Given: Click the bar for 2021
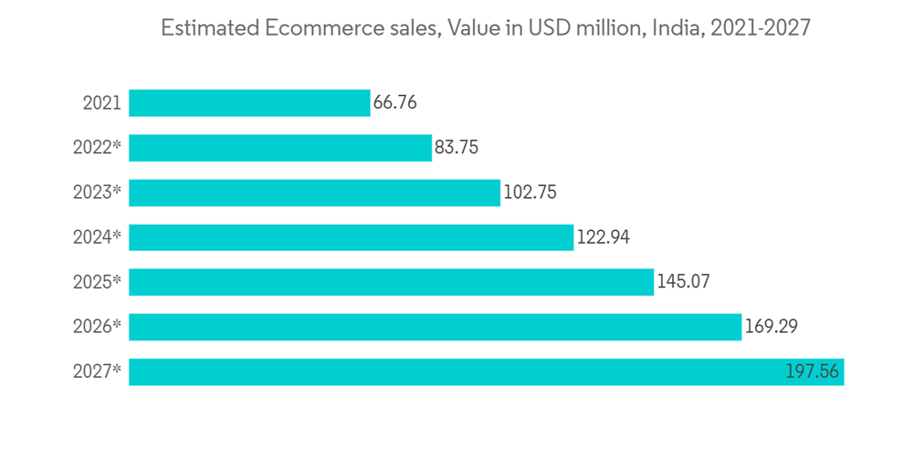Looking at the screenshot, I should pos(248,102).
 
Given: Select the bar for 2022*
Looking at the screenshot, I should pos(279,148).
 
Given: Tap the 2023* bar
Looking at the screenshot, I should pos(314,193).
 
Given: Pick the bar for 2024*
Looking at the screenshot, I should pos(351,237).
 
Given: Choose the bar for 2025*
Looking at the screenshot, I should pos(391,282).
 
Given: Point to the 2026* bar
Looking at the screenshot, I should pos(435,327).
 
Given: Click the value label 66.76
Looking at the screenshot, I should pos(395,102).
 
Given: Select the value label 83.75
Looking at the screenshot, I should pos(456,148).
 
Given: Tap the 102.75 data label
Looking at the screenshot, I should pos(530,193).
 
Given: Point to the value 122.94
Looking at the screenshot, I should pos(603,237).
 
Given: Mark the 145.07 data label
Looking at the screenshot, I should pos(683,282).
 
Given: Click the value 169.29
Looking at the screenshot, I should pos(771,327).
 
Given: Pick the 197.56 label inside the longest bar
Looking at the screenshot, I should pos(813,371).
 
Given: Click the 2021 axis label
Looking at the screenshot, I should pos(101,103).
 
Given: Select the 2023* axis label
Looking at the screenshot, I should pos(98,193).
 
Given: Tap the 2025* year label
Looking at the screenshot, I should pos(98,282).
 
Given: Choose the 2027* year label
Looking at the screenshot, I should pos(98,371).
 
